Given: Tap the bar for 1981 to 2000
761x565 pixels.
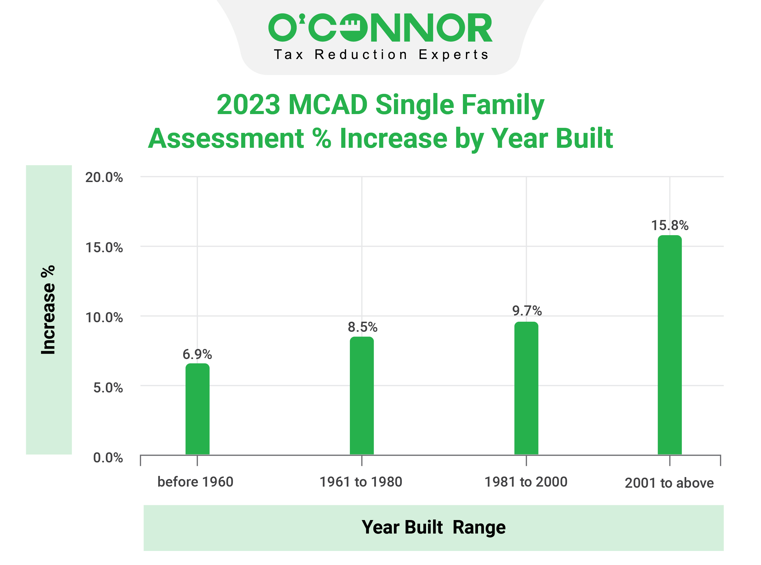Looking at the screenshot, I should click(526, 388).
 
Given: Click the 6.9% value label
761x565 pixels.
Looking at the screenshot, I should click(197, 354).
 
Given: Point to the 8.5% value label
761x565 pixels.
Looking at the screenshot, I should click(363, 327).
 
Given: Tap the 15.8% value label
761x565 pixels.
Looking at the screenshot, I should click(669, 225).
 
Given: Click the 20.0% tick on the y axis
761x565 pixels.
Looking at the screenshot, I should click(104, 178).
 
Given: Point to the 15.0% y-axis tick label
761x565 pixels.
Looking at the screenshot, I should click(104, 248).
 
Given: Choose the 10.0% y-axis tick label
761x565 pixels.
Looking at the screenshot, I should click(104, 318).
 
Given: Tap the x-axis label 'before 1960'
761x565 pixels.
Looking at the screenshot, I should click(195, 482).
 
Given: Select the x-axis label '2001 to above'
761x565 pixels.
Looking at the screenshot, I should click(669, 483).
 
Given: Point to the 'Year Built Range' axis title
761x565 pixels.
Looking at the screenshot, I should click(433, 527).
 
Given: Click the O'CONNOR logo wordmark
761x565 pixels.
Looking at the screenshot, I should click(380, 28).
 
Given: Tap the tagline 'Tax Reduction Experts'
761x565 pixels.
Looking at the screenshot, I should click(381, 55).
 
